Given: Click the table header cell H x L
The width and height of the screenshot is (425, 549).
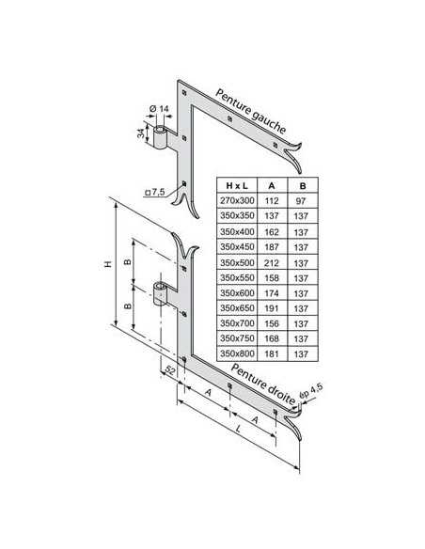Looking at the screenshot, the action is (x=237, y=185).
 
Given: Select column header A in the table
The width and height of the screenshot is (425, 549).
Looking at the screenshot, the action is (x=272, y=185).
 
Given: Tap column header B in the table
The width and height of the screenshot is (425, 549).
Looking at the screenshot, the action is (x=303, y=185).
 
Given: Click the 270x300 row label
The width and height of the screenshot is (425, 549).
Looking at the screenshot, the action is (x=237, y=200).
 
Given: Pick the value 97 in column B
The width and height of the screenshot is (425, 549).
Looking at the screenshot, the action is (x=300, y=201).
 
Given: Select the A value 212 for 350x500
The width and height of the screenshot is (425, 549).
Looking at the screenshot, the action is (x=272, y=262).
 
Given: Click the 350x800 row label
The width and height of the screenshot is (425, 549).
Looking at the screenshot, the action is (x=237, y=353).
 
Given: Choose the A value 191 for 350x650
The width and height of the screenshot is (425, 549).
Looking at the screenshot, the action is (x=272, y=308).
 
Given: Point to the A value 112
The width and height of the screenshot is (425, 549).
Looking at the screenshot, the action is (x=272, y=201).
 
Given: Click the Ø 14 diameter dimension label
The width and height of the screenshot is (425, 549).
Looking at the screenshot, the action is (x=159, y=109).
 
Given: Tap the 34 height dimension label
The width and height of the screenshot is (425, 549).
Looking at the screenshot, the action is (x=141, y=133).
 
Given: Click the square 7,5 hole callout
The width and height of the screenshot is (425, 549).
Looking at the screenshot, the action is (x=155, y=192).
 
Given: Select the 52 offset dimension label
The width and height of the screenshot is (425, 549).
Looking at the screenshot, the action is (x=169, y=370).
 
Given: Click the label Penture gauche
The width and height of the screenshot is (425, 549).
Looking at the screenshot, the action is (x=251, y=111).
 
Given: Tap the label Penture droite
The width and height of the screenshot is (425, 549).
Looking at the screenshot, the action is (x=263, y=383).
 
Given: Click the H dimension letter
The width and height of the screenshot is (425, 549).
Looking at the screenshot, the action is (x=108, y=263).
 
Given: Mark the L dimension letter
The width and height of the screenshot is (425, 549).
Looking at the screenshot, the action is (x=239, y=429).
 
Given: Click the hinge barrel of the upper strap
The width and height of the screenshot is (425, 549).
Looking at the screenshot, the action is (x=161, y=137).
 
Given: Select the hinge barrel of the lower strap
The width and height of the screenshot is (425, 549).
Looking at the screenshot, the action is (x=161, y=293).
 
